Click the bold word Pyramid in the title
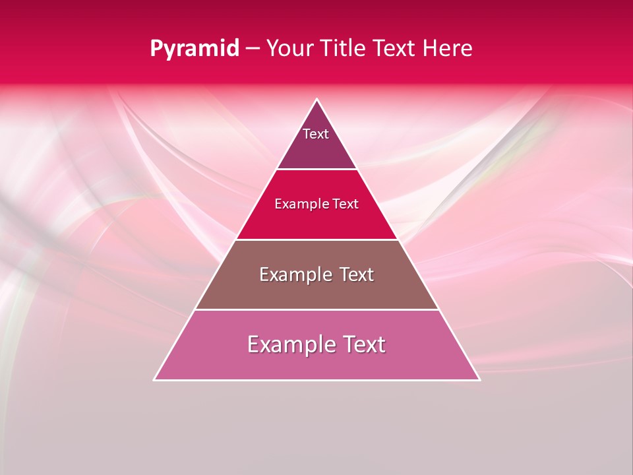194,49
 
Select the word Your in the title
289,49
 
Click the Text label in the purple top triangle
316,134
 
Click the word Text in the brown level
357,274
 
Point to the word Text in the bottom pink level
362,344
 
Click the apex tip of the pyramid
317,100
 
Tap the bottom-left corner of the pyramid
155,379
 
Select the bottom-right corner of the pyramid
479,379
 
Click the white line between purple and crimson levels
317,169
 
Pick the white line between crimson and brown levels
317,239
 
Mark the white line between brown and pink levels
317,309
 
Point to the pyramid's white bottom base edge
317,380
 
